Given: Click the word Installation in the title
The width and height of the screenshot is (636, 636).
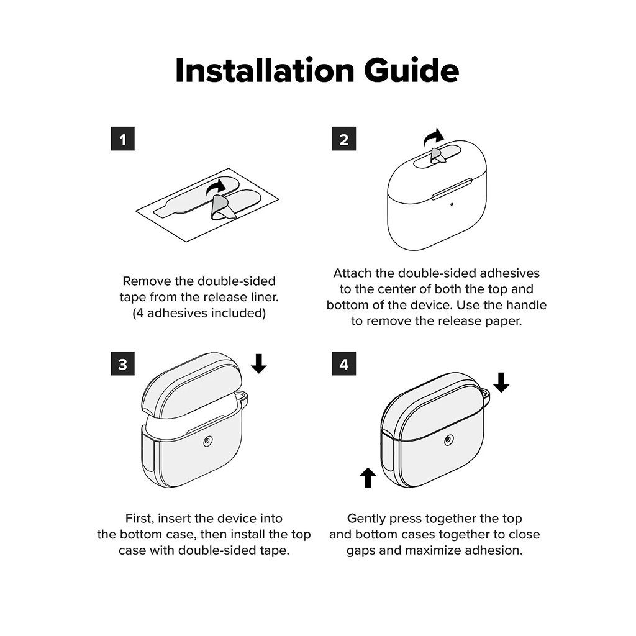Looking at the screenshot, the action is tap(265, 70).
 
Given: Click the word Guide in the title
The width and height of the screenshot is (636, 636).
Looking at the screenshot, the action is tap(411, 70).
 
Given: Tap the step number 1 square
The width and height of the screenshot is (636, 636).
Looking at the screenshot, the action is tap(122, 139).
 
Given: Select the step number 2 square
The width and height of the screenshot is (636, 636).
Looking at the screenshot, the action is tap(344, 139).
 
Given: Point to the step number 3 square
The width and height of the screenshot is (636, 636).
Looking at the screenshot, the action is tap(122, 364).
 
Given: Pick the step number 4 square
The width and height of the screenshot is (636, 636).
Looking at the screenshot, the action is tap(344, 364).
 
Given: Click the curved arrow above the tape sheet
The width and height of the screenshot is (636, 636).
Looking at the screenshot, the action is tap(215, 186).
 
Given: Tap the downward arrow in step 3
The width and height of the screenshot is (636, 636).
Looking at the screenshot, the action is tap(258, 363).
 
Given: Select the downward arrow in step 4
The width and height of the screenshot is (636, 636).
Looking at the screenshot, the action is tap(501, 383).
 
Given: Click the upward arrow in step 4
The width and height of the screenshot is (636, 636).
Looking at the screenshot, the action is tap(368, 478).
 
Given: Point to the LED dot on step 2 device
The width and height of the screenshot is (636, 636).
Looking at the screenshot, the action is tap(452, 204).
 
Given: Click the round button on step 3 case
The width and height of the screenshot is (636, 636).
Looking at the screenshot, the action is tap(208, 441).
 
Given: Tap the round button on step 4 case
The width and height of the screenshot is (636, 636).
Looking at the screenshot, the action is tap(449, 439).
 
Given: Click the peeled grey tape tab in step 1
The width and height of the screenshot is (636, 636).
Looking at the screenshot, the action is tap(221, 207).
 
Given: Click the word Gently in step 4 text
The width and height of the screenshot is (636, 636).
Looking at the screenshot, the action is tap(366, 519).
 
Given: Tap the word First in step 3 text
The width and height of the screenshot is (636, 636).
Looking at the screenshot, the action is tap(140, 519).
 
